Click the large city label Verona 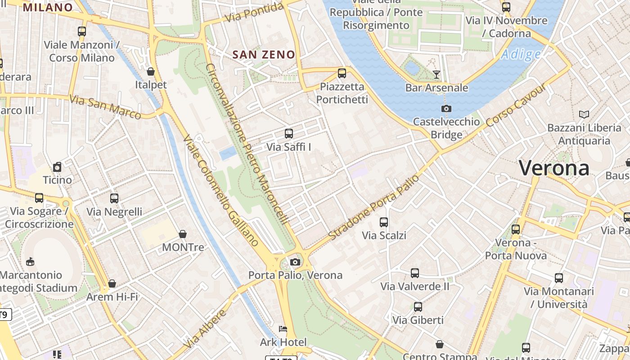(554, 168)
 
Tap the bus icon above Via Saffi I (289, 134)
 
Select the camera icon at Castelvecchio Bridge (446, 108)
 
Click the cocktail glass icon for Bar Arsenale (436, 74)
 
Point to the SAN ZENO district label (264, 55)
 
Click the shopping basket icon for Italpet (151, 72)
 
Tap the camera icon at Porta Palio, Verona (295, 262)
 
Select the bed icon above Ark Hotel (283, 329)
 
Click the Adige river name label (521, 54)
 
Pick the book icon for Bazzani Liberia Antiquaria (584, 115)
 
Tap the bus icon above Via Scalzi (384, 222)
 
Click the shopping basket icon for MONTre (183, 234)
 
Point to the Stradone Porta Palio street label (373, 207)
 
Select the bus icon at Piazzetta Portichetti (342, 73)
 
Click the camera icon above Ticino (57, 167)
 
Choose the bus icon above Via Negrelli (114, 198)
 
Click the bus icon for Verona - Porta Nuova (516, 229)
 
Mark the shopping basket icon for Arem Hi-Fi (112, 283)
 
